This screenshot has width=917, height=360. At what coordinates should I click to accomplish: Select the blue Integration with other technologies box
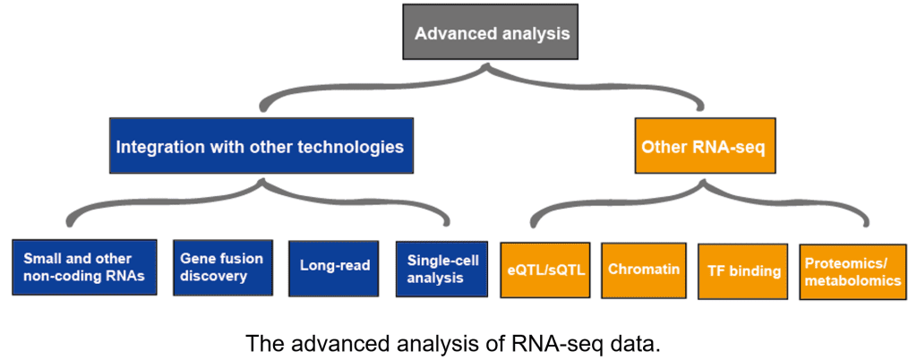[x=261, y=146]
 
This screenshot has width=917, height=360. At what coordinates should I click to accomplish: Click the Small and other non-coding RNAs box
[x=85, y=267]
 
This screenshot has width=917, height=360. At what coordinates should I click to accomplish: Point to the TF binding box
[x=742, y=270]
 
